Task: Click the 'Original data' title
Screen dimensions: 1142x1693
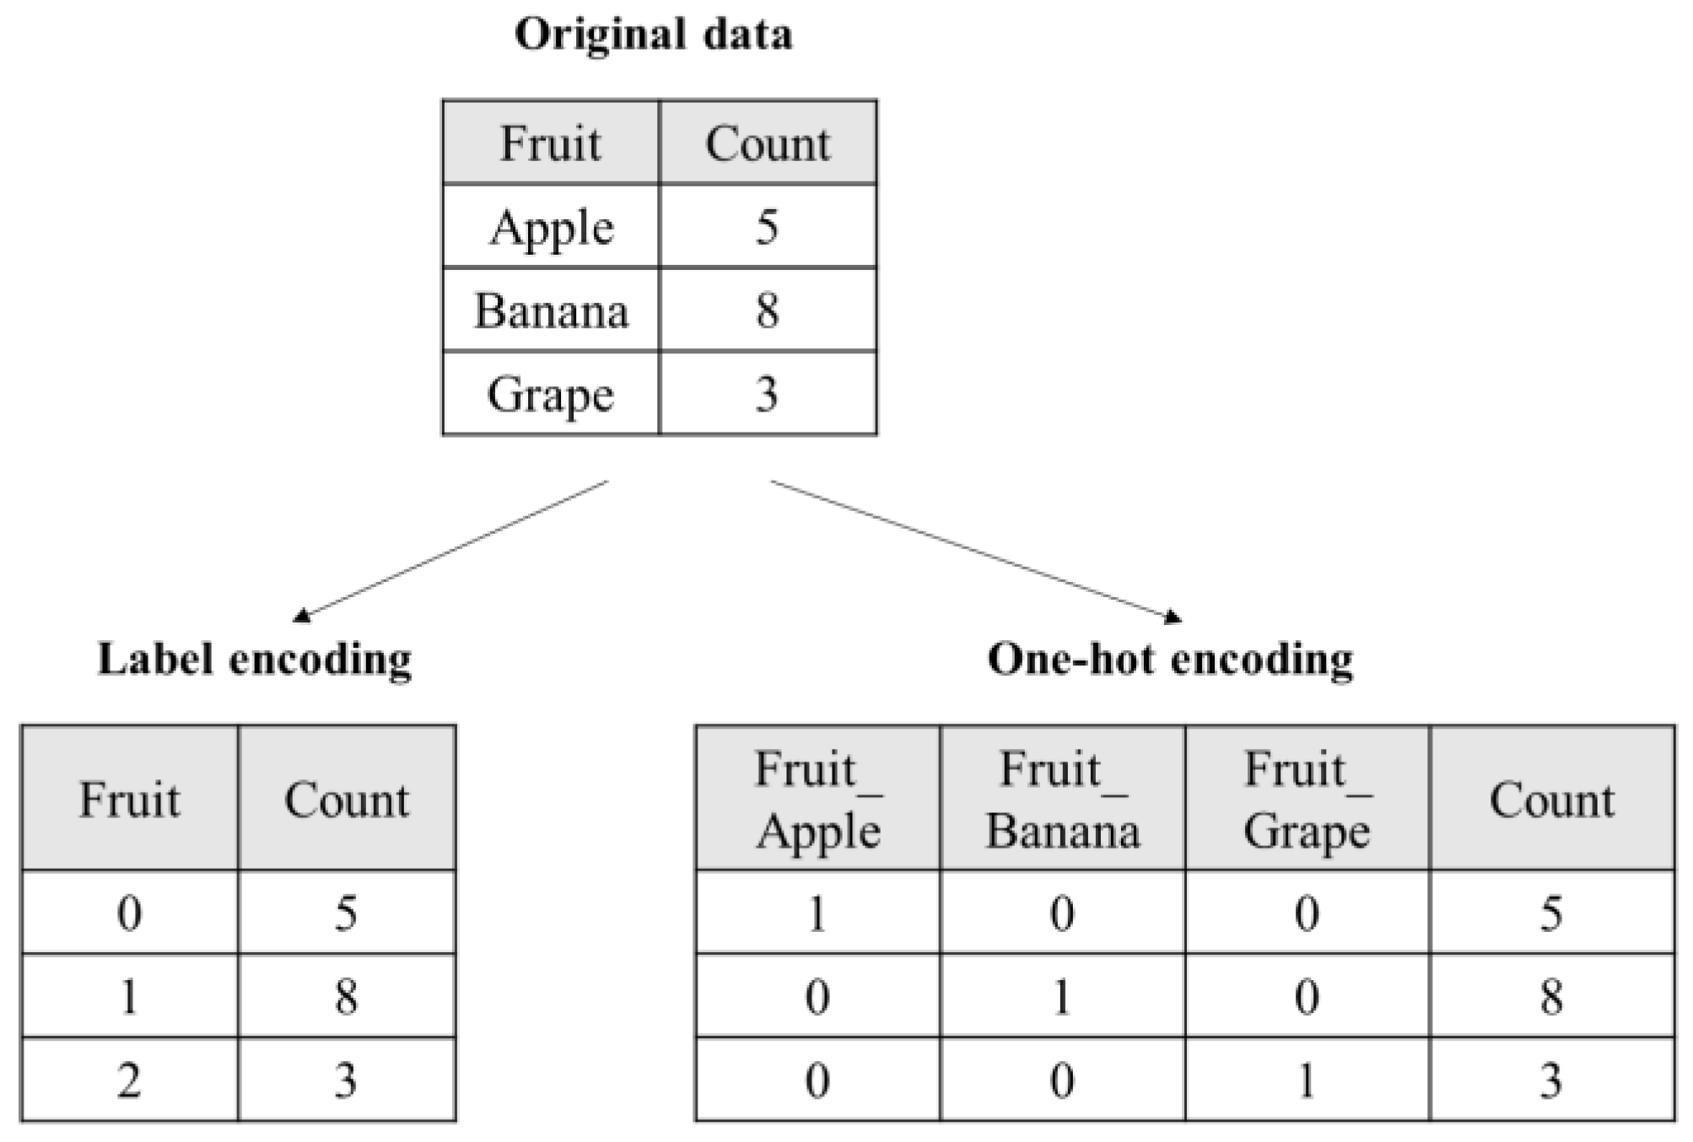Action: (x=654, y=35)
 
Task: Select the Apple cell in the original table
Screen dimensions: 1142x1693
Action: (x=552, y=228)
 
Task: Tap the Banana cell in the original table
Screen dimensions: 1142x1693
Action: (x=552, y=311)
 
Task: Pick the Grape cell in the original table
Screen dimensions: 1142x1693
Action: (x=552, y=394)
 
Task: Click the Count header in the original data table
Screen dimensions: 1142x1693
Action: (x=768, y=143)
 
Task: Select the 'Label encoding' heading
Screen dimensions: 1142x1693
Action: (x=255, y=659)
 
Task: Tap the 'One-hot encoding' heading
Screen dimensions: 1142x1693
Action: (x=1170, y=659)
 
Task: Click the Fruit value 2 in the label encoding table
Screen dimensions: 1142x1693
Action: (x=129, y=1080)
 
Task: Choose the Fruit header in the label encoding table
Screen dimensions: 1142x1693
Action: (x=129, y=799)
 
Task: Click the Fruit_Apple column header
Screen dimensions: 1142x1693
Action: (x=817, y=799)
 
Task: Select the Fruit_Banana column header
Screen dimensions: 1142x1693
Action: (x=1062, y=799)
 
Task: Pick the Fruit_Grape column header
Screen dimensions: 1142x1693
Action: (x=1307, y=799)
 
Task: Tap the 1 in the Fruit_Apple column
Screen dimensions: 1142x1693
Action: (x=817, y=913)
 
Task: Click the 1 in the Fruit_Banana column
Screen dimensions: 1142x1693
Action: (x=1062, y=997)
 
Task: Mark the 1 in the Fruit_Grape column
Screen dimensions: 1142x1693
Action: (x=1307, y=1080)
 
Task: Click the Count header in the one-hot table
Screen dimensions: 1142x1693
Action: (x=1551, y=799)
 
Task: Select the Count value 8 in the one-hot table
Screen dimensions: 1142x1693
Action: (x=1551, y=997)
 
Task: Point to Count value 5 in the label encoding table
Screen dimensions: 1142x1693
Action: (x=346, y=913)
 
